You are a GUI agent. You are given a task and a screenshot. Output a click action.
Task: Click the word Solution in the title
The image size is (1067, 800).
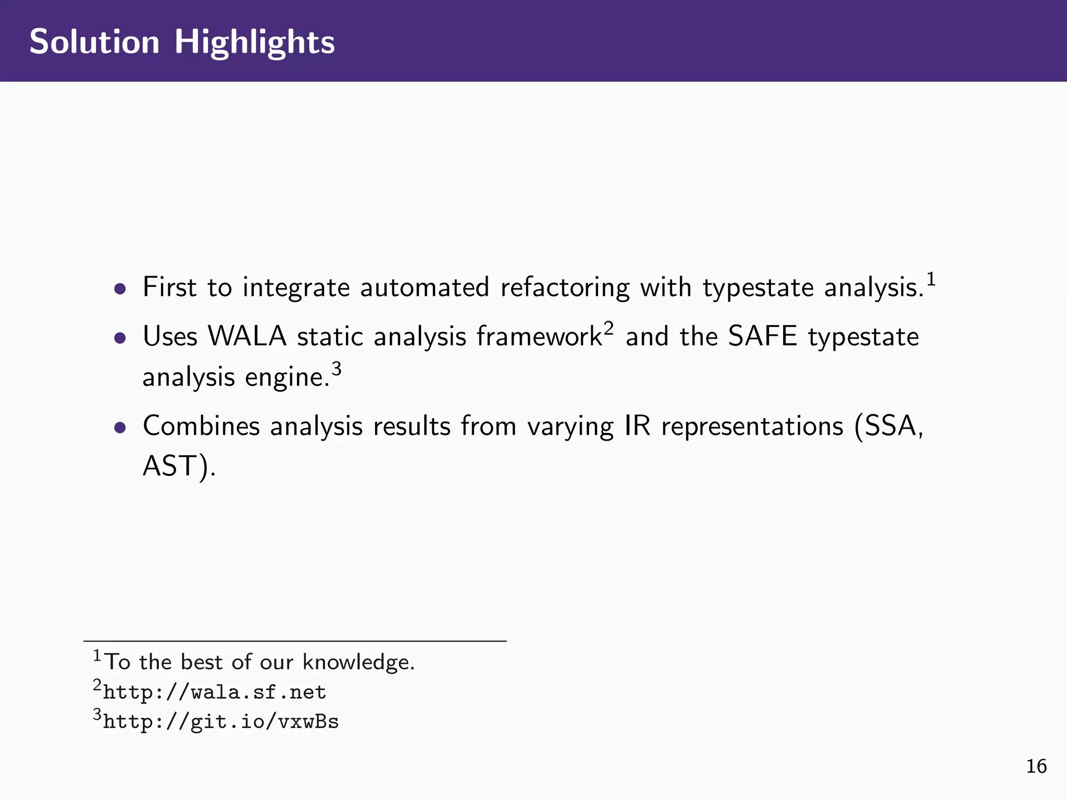[94, 42]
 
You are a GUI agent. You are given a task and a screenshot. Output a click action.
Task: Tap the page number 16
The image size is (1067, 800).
[1036, 766]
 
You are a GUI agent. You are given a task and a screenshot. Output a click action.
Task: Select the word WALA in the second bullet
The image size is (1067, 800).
[247, 336]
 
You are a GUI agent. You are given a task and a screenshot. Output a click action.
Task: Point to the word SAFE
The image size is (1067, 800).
[762, 336]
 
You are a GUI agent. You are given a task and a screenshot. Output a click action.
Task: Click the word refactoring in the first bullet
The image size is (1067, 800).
[565, 287]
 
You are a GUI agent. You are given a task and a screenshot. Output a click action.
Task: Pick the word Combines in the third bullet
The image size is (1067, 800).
[201, 426]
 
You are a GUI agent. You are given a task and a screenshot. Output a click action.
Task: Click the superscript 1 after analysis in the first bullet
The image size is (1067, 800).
[930, 279]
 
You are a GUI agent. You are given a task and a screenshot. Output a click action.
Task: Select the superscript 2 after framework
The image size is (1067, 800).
[609, 328]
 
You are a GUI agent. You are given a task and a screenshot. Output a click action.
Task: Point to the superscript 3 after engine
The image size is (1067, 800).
[337, 369]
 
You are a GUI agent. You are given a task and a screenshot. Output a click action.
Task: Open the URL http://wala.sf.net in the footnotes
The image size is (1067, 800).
[215, 692]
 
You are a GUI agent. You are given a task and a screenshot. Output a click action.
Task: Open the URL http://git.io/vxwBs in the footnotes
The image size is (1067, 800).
[221, 722]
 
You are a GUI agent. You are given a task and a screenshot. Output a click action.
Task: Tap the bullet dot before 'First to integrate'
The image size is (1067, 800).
[120, 289]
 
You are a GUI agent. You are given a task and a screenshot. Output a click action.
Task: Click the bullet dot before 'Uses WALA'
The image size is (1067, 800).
[120, 338]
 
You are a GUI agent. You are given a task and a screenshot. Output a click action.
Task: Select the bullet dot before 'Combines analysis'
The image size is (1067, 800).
[120, 428]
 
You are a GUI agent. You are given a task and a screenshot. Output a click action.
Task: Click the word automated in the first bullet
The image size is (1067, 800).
[425, 287]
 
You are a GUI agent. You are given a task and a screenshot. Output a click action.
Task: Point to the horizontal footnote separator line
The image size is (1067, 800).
[295, 641]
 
